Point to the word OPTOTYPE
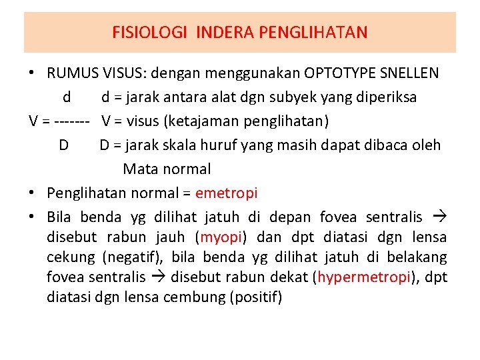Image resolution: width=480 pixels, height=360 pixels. (340, 73)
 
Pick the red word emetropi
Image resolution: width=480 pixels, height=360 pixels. (227, 193)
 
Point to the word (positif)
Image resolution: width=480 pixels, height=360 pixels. (255, 297)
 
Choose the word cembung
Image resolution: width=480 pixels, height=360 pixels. (193, 297)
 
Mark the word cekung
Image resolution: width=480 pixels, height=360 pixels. (71, 257)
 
